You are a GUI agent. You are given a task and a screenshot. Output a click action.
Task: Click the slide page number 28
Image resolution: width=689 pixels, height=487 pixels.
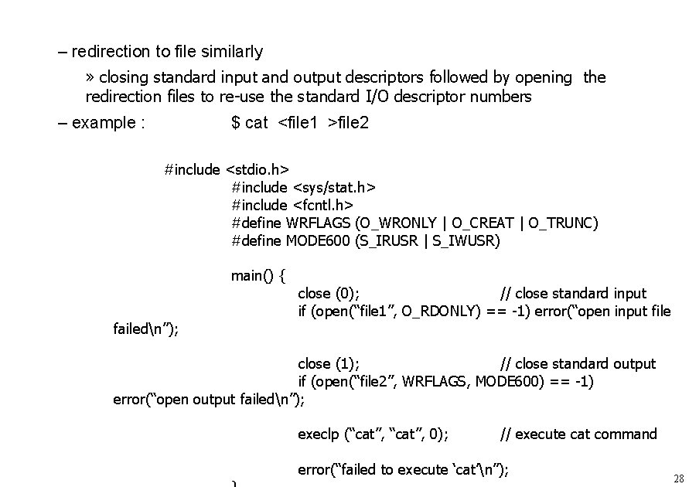tap(678, 478)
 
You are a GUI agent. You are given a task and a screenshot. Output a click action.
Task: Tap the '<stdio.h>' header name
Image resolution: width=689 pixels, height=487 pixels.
tap(257, 169)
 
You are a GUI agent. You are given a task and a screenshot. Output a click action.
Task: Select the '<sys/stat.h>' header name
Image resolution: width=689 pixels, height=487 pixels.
tap(334, 187)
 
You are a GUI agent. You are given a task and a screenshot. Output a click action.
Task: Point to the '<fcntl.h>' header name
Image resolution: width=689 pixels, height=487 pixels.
tap(322, 205)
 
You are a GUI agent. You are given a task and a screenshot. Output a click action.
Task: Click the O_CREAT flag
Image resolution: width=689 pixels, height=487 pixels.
tap(483, 223)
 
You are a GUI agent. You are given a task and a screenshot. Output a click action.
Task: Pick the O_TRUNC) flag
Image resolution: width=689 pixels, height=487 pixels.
tap(564, 223)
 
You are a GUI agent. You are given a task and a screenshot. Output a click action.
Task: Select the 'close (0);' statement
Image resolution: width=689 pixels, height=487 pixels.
tap(328, 294)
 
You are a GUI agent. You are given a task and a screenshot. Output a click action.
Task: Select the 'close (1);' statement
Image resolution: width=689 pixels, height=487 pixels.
tap(328, 364)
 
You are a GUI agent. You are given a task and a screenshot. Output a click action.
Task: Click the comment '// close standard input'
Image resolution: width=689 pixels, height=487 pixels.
tap(573, 294)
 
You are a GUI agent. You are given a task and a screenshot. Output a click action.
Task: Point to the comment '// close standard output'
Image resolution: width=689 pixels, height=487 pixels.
tap(578, 364)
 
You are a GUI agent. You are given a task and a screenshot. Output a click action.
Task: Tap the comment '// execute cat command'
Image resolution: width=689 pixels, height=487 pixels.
tap(578, 434)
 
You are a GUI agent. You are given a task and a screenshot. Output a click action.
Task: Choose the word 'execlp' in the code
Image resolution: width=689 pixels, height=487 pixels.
tap(319, 434)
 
